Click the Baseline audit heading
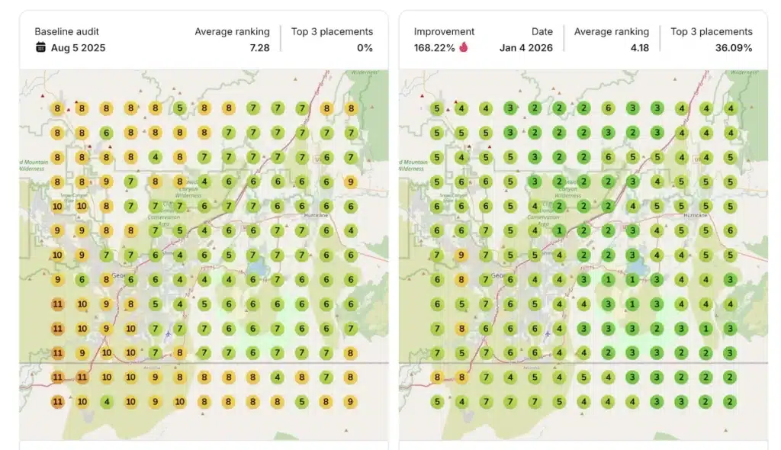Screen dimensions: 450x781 pos(66,31)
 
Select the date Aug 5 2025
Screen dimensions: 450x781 pos(78,47)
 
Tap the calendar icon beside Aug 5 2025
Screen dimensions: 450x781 pos(40,47)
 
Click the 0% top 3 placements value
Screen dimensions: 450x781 pos(365,47)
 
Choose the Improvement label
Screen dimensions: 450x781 pos(444,31)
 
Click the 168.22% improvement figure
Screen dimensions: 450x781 pos(434,47)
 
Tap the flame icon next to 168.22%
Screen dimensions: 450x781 pos(464,47)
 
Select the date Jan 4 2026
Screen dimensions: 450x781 pos(526,47)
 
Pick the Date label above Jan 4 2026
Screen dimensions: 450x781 pos(542,31)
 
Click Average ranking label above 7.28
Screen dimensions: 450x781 pos(232,31)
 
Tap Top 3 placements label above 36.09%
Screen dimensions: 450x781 pos(711,31)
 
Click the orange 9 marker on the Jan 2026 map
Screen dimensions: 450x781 pos(461,255)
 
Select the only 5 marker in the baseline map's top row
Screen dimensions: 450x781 pos(179,108)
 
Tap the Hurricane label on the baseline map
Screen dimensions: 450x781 pos(313,215)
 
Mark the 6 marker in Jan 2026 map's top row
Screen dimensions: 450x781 pos(608,108)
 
